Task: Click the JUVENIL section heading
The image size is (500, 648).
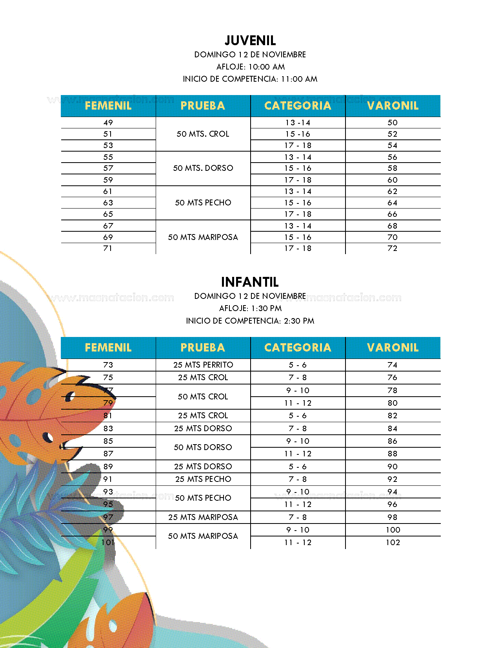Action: click(250, 40)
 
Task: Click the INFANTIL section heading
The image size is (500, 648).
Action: click(250, 282)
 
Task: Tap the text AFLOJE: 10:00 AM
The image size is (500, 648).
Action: click(251, 67)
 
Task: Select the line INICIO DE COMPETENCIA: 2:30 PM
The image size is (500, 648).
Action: click(250, 321)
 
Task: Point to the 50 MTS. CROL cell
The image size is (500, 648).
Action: click(203, 134)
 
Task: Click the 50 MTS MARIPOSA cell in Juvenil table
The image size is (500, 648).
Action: click(203, 237)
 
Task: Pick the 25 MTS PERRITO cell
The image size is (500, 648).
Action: click(203, 365)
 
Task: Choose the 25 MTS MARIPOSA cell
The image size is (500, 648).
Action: click(203, 517)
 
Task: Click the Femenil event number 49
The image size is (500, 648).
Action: click(108, 123)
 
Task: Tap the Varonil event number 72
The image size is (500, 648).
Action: click(393, 248)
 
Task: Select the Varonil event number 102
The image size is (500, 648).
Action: click(393, 542)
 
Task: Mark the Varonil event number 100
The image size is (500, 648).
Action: click(393, 530)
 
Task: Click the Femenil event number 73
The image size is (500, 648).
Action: click(108, 365)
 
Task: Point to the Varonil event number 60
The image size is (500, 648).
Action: click(393, 180)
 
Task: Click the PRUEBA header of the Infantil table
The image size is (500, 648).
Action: click(203, 348)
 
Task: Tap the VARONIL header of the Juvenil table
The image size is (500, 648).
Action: click(393, 106)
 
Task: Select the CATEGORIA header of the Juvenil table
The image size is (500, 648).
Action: click(298, 106)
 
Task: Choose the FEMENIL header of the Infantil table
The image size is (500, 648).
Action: click(108, 348)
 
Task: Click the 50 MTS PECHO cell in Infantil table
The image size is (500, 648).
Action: click(203, 498)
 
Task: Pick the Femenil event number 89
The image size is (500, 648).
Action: click(108, 467)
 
